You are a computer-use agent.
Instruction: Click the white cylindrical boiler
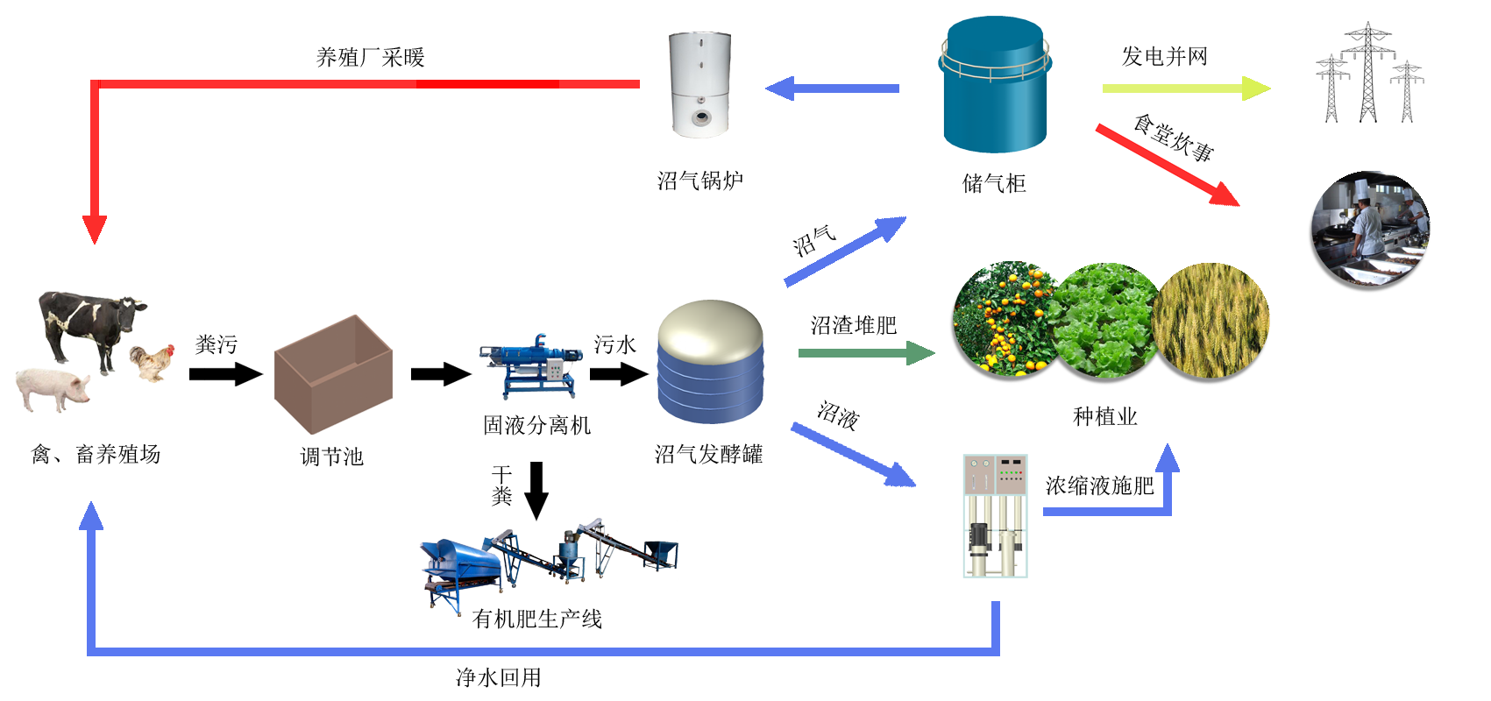(699, 85)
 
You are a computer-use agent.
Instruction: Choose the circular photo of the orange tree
(1004, 321)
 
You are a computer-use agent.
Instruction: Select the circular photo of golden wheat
(1211, 321)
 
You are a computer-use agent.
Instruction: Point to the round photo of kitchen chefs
(1369, 230)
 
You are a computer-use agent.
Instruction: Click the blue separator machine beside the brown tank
(531, 366)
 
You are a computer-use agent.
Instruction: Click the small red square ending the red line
(95, 230)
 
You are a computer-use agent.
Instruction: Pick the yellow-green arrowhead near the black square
(1257, 89)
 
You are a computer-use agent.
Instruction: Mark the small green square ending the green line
(920, 353)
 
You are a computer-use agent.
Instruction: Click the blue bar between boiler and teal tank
(832, 89)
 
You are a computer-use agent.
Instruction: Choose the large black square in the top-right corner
(1369, 72)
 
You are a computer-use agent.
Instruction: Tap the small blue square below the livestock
(91, 515)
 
